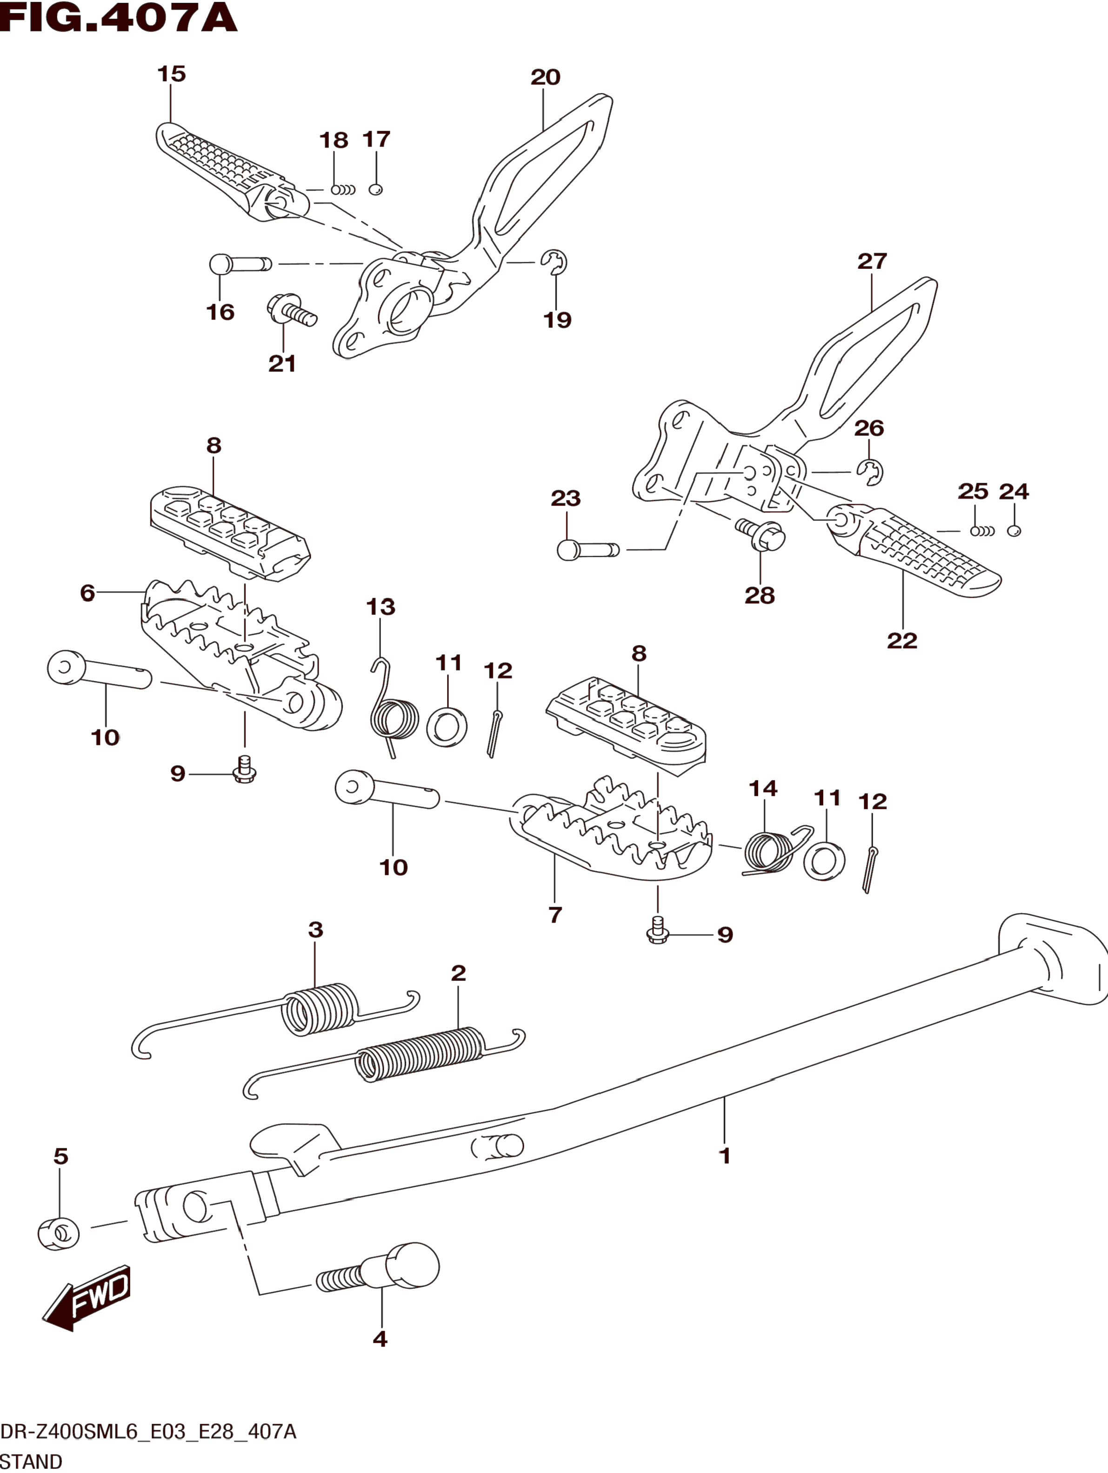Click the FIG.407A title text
119,19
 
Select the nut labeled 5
59,1233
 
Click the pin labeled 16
240,264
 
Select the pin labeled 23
587,550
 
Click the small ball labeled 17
375,190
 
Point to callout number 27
872,261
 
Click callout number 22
901,640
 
